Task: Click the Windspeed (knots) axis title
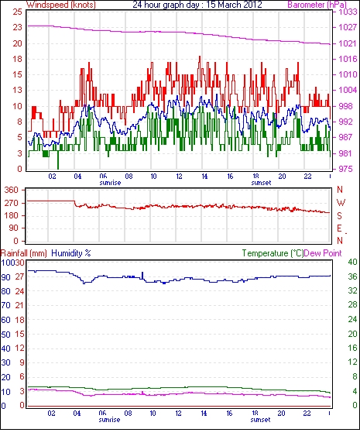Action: [61, 5]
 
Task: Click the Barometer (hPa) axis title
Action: [317, 5]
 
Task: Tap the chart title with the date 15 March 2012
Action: [197, 5]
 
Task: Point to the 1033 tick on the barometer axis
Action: [348, 12]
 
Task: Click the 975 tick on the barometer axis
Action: [345, 169]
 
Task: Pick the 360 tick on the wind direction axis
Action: [11, 191]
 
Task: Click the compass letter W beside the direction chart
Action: [341, 202]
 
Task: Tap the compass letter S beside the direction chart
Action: [339, 215]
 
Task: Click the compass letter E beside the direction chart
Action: [339, 228]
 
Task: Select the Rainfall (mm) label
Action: [24, 253]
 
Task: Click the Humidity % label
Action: [71, 253]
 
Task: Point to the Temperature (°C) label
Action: [273, 253]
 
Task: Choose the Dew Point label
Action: [323, 253]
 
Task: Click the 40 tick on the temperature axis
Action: [352, 262]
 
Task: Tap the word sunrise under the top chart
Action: [110, 183]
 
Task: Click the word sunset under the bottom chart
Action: [260, 420]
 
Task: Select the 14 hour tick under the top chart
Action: [204, 177]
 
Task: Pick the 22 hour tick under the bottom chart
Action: [307, 414]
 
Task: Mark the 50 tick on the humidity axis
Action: [5, 335]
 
